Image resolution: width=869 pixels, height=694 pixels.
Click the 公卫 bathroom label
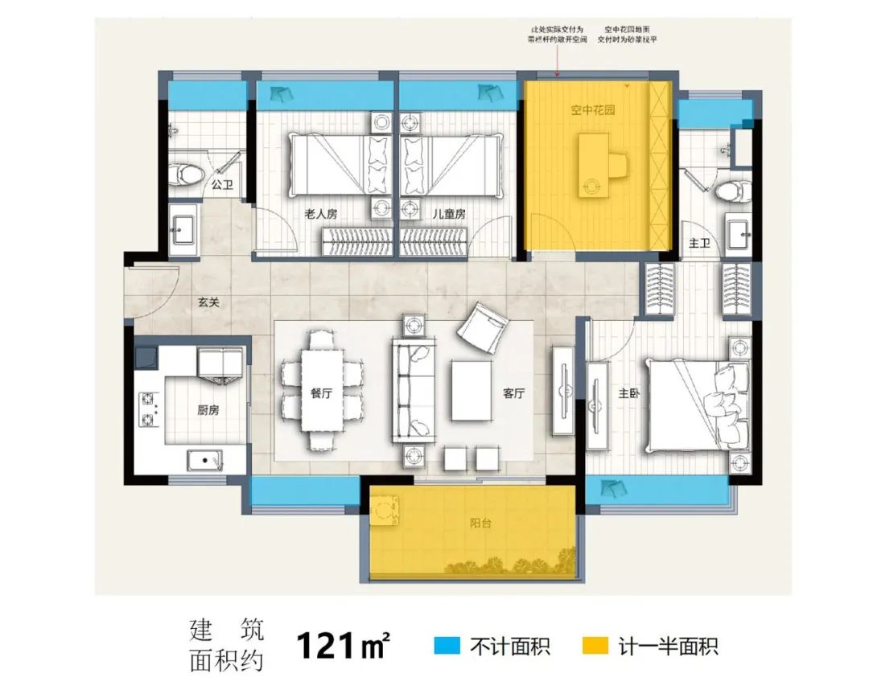[222, 185]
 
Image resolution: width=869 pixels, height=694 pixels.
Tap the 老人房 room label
[319, 215]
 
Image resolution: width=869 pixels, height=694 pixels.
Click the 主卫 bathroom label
[698, 243]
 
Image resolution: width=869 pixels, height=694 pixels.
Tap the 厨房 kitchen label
[208, 409]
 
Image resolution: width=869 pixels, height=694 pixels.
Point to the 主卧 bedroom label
[629, 394]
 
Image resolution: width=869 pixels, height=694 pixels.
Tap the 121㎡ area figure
[344, 644]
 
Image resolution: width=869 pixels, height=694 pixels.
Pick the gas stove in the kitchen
[150, 408]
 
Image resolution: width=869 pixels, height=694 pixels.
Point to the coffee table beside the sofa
[472, 390]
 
